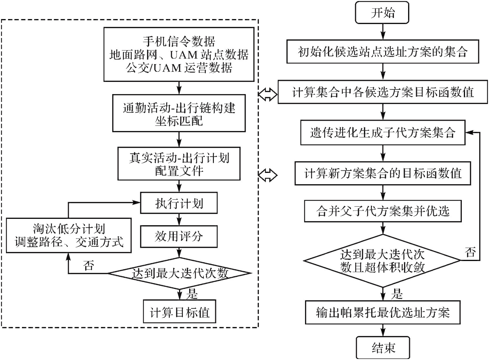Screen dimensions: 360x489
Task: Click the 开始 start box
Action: point(382,13)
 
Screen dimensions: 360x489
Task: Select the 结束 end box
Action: point(383,347)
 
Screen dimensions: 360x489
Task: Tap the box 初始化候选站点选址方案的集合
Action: point(383,52)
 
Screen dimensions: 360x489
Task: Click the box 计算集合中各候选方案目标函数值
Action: point(382,92)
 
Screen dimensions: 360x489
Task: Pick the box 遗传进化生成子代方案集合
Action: point(383,133)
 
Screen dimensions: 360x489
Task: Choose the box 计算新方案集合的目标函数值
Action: point(383,173)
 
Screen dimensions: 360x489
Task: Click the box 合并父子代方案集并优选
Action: point(383,211)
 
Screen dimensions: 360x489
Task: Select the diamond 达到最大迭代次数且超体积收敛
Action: point(382,261)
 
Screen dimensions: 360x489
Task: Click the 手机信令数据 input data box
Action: point(179,55)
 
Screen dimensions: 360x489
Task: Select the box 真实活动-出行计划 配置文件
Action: point(179,164)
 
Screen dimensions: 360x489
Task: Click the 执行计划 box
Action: point(179,203)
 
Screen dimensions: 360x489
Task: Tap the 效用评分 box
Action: point(179,237)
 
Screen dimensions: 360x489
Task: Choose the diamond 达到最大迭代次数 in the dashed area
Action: point(179,273)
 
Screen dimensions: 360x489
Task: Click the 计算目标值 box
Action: point(179,312)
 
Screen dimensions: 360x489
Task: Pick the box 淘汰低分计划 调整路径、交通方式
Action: point(69,236)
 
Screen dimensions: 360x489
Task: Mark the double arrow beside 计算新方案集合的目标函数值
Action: point(268,175)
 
